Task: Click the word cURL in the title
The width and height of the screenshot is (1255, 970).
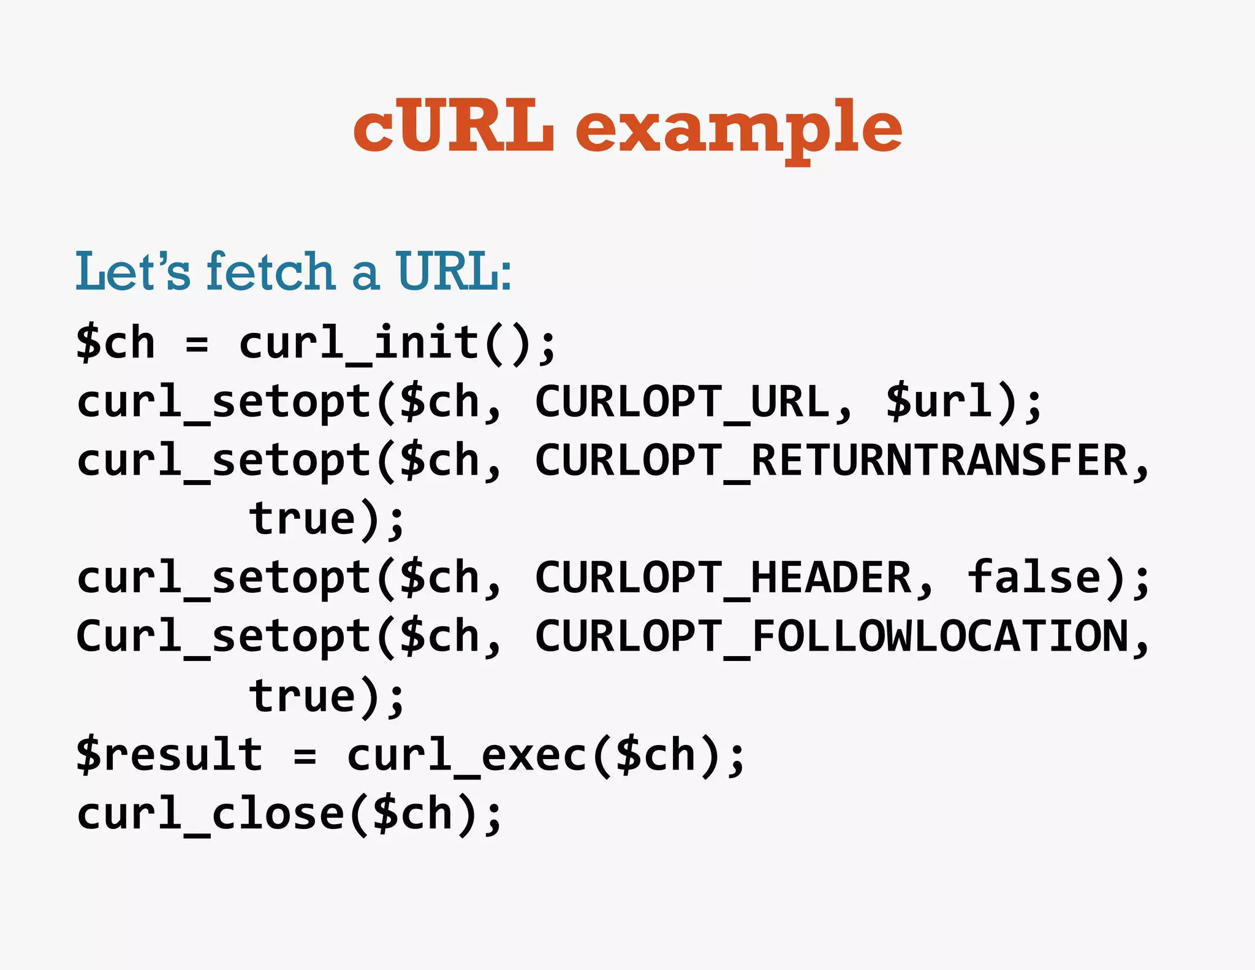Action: (x=453, y=127)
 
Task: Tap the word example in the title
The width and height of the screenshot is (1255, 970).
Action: (x=738, y=129)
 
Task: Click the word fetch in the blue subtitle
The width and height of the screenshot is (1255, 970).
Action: (x=270, y=271)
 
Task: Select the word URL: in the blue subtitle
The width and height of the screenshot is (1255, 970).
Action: (x=453, y=271)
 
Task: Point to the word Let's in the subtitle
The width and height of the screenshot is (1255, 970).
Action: (x=132, y=271)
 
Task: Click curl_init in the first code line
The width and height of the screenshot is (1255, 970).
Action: (x=359, y=343)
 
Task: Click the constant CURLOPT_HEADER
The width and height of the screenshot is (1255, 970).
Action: (x=723, y=578)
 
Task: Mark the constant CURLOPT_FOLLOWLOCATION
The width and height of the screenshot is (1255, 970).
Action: (x=831, y=637)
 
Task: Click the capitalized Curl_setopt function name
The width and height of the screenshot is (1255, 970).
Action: (x=224, y=637)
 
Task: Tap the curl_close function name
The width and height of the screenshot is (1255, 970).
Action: (x=211, y=814)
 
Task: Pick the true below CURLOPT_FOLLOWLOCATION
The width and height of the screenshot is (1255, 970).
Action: (x=303, y=697)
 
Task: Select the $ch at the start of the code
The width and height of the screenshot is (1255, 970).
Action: (x=116, y=343)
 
